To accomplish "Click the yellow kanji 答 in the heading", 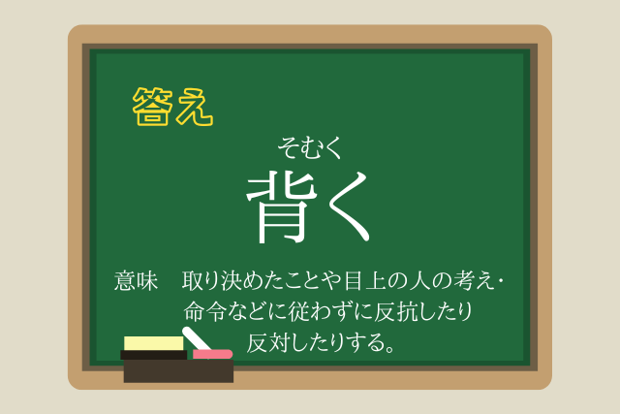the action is click(x=153, y=107).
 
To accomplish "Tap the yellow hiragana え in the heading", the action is click(x=195, y=107).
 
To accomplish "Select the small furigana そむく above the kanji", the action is click(x=309, y=147).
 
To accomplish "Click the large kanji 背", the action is click(x=282, y=207).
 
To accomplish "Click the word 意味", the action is click(x=136, y=281).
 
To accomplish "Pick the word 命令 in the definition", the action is click(x=204, y=311).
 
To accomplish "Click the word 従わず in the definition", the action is click(x=321, y=311).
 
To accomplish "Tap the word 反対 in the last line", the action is click(x=269, y=343).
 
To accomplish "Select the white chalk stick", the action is click(x=197, y=338).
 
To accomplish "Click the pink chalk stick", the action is click(x=212, y=354).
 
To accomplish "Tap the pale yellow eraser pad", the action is click(x=154, y=343).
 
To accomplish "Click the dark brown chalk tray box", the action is click(x=178, y=371).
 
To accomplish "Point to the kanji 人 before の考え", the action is click(x=419, y=281).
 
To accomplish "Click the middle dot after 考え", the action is click(x=502, y=281).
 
